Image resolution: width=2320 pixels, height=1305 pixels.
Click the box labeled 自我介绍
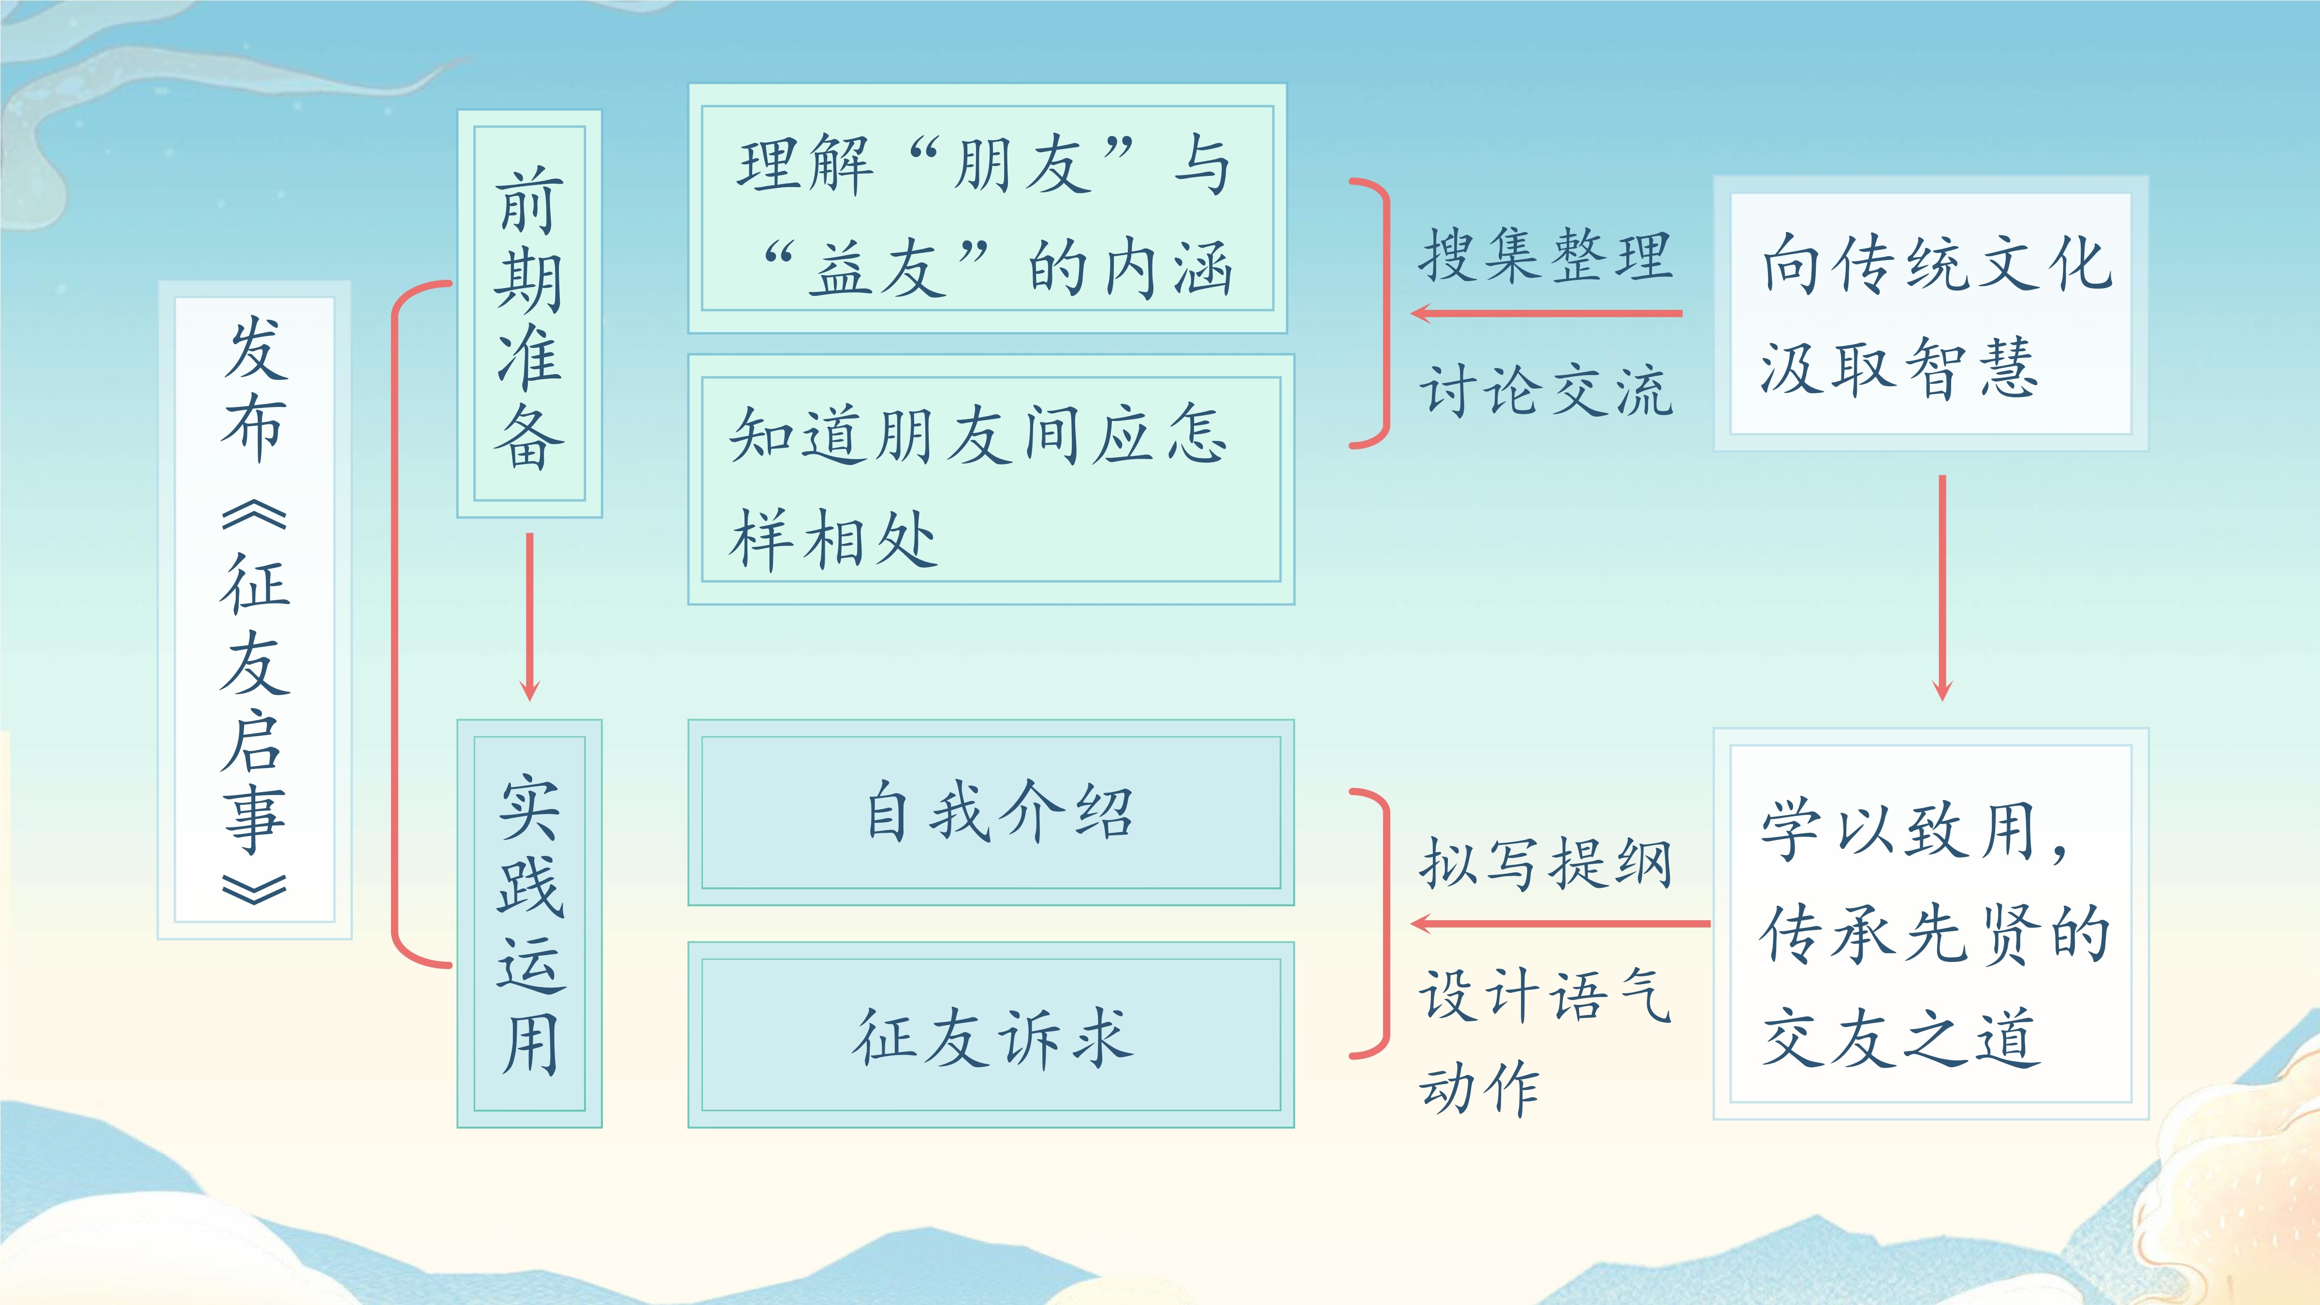point(991,812)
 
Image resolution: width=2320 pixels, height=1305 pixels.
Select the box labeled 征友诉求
point(991,1035)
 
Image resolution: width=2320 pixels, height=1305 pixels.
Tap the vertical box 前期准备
point(529,313)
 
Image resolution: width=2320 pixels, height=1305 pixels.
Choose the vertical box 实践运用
point(529,923)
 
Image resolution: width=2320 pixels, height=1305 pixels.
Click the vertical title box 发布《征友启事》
point(255,609)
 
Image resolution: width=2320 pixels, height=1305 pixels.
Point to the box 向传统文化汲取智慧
point(1931,313)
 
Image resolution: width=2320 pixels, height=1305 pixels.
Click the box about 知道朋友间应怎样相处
point(991,479)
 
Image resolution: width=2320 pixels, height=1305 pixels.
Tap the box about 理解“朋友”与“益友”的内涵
point(987,208)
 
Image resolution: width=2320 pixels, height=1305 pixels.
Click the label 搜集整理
point(1546,255)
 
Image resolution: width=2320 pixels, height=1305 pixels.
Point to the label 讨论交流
point(1546,390)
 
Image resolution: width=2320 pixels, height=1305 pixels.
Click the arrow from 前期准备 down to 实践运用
point(529,617)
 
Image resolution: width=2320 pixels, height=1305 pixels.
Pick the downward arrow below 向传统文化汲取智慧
point(1942,588)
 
